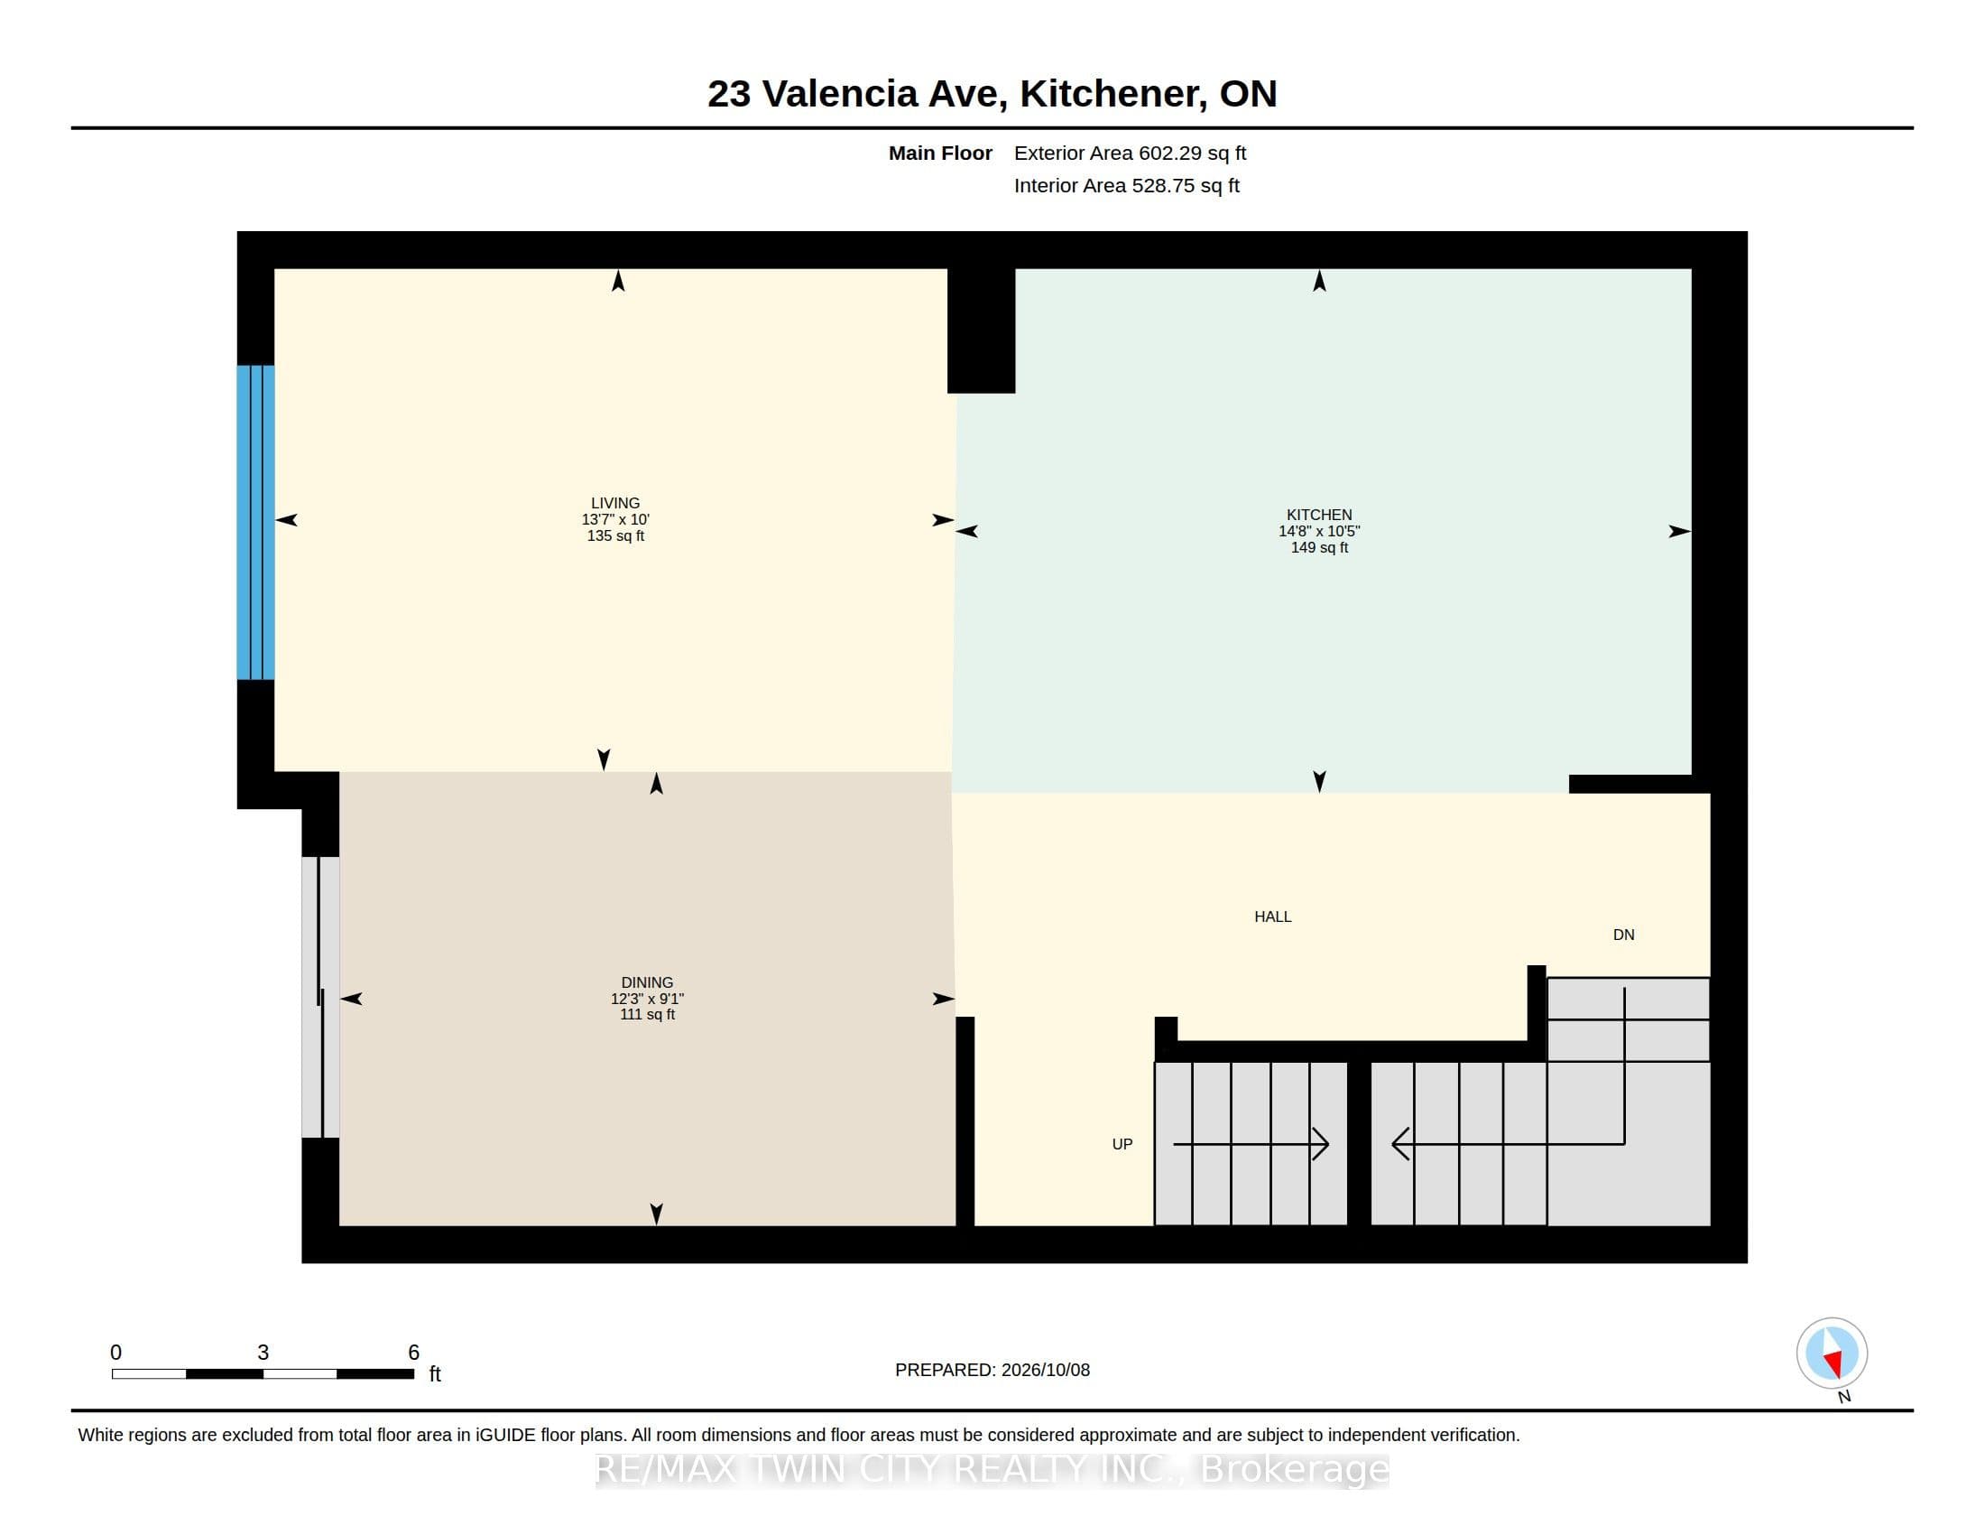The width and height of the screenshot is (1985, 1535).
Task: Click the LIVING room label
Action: pos(615,503)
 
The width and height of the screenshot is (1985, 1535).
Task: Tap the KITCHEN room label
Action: pos(1319,515)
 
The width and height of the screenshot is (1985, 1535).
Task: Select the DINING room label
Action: pos(647,982)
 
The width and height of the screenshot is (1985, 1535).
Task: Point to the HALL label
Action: pos(1272,916)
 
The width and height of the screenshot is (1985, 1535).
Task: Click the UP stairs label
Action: pos(1122,1144)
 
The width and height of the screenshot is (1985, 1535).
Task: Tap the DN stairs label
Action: pos(1623,935)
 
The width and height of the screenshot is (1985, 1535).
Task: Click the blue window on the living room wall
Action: pos(255,522)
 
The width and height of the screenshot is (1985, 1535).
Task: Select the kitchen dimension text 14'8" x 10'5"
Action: pos(1319,531)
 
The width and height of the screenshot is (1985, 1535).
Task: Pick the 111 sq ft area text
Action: pos(647,1015)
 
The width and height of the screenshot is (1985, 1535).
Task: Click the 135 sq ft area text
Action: pos(615,535)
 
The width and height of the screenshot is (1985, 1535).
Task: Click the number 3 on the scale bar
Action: pos(263,1353)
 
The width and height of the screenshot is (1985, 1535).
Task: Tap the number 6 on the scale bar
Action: pos(413,1353)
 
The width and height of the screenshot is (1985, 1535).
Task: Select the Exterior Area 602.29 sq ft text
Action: pos(1130,153)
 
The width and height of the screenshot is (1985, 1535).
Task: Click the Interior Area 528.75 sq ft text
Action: pos(1126,185)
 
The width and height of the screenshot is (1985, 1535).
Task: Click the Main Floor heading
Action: pos(940,153)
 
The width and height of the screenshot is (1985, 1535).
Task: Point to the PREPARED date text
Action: pos(992,1370)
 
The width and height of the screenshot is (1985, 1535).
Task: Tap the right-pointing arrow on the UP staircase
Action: pos(1251,1144)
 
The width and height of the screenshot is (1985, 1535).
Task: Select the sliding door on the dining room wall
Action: pos(320,998)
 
